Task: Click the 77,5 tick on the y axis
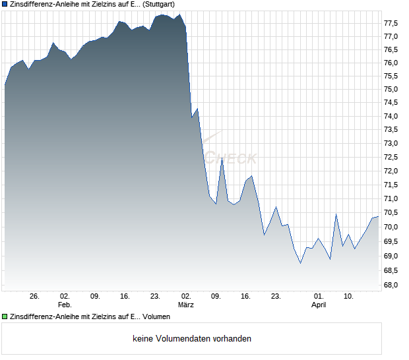tap(391, 22)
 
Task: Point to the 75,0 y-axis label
tap(391, 89)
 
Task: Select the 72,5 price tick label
tap(391, 158)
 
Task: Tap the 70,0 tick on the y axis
tap(391, 227)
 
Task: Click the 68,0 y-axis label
tap(391, 285)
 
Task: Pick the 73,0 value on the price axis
tap(391, 143)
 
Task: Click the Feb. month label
tap(65, 305)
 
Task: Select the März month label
tap(186, 305)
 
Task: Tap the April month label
tap(319, 305)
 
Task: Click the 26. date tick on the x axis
tap(35, 296)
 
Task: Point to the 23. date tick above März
tap(156, 296)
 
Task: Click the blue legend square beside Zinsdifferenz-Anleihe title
tap(5, 5)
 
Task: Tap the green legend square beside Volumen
tap(5, 316)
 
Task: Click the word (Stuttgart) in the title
tap(160, 5)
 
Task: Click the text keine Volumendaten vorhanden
tap(192, 339)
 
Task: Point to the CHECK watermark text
tap(231, 159)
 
